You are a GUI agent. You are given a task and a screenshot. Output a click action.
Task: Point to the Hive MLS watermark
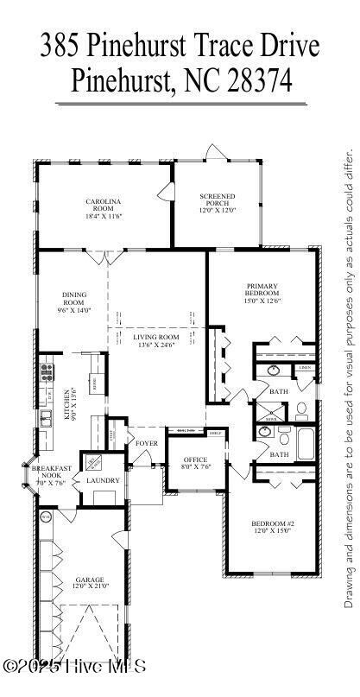(x=73, y=666)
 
